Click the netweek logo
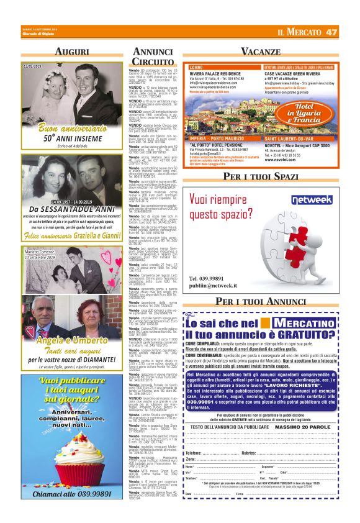click(315, 201)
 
